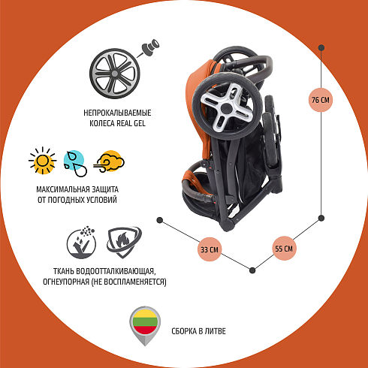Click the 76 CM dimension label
tap(321, 100)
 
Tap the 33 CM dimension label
tap(210, 249)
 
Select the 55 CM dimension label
tap(284, 249)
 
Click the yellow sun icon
tap(42, 161)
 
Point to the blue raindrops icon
tap(75, 163)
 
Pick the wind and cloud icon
tap(109, 161)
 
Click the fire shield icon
tap(124, 242)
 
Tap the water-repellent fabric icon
tap(81, 243)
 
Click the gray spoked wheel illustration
tap(115, 74)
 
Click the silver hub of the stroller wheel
tap(227, 107)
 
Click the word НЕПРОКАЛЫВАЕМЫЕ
tap(117, 113)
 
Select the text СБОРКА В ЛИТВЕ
tap(198, 331)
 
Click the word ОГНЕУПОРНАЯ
tap(66, 282)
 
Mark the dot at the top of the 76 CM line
tap(321, 48)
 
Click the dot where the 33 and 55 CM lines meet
tap(252, 270)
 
